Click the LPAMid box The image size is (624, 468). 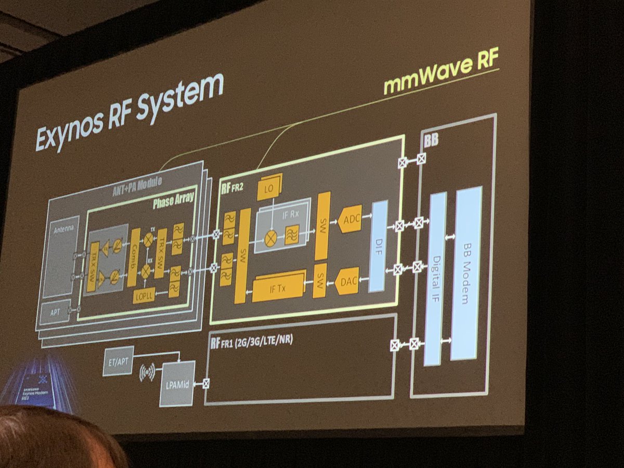(x=177, y=383)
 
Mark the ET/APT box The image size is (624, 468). (x=118, y=360)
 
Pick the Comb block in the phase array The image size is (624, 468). (x=134, y=257)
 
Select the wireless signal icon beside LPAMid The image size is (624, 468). (x=147, y=372)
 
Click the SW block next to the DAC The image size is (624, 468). (x=320, y=281)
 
